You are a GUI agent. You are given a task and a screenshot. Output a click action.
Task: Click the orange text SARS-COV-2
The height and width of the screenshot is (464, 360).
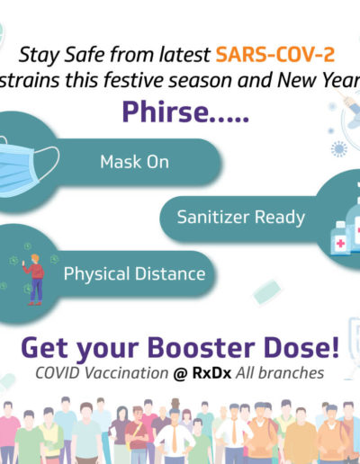(275, 55)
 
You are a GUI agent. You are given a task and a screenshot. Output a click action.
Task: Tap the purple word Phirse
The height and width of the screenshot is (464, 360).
(165, 112)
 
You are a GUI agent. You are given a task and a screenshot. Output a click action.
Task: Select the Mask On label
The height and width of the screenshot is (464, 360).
(134, 162)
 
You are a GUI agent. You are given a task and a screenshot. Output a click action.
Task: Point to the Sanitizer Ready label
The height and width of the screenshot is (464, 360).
(241, 218)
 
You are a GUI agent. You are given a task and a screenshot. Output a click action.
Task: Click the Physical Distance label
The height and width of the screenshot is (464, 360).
(134, 274)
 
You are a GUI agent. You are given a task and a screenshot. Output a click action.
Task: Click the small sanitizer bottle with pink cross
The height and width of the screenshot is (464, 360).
(340, 237)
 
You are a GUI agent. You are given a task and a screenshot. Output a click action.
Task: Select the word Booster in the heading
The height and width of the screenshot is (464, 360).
(201, 348)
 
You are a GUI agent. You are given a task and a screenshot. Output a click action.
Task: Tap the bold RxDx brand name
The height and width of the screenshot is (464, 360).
(211, 373)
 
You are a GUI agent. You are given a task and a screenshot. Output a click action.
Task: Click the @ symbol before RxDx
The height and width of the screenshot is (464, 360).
(180, 374)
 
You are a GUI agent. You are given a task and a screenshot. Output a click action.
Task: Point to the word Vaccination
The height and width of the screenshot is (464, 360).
(126, 373)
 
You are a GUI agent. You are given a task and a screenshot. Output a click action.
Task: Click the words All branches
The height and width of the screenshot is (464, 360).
(280, 373)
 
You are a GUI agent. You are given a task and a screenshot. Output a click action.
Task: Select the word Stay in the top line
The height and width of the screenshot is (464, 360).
(39, 56)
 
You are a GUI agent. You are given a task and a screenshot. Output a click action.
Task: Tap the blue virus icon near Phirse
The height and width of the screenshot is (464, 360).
(338, 149)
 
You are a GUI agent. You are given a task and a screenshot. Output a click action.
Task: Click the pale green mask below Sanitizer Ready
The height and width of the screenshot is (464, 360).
(266, 291)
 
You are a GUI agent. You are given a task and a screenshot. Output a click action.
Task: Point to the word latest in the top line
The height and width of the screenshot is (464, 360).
(184, 55)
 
